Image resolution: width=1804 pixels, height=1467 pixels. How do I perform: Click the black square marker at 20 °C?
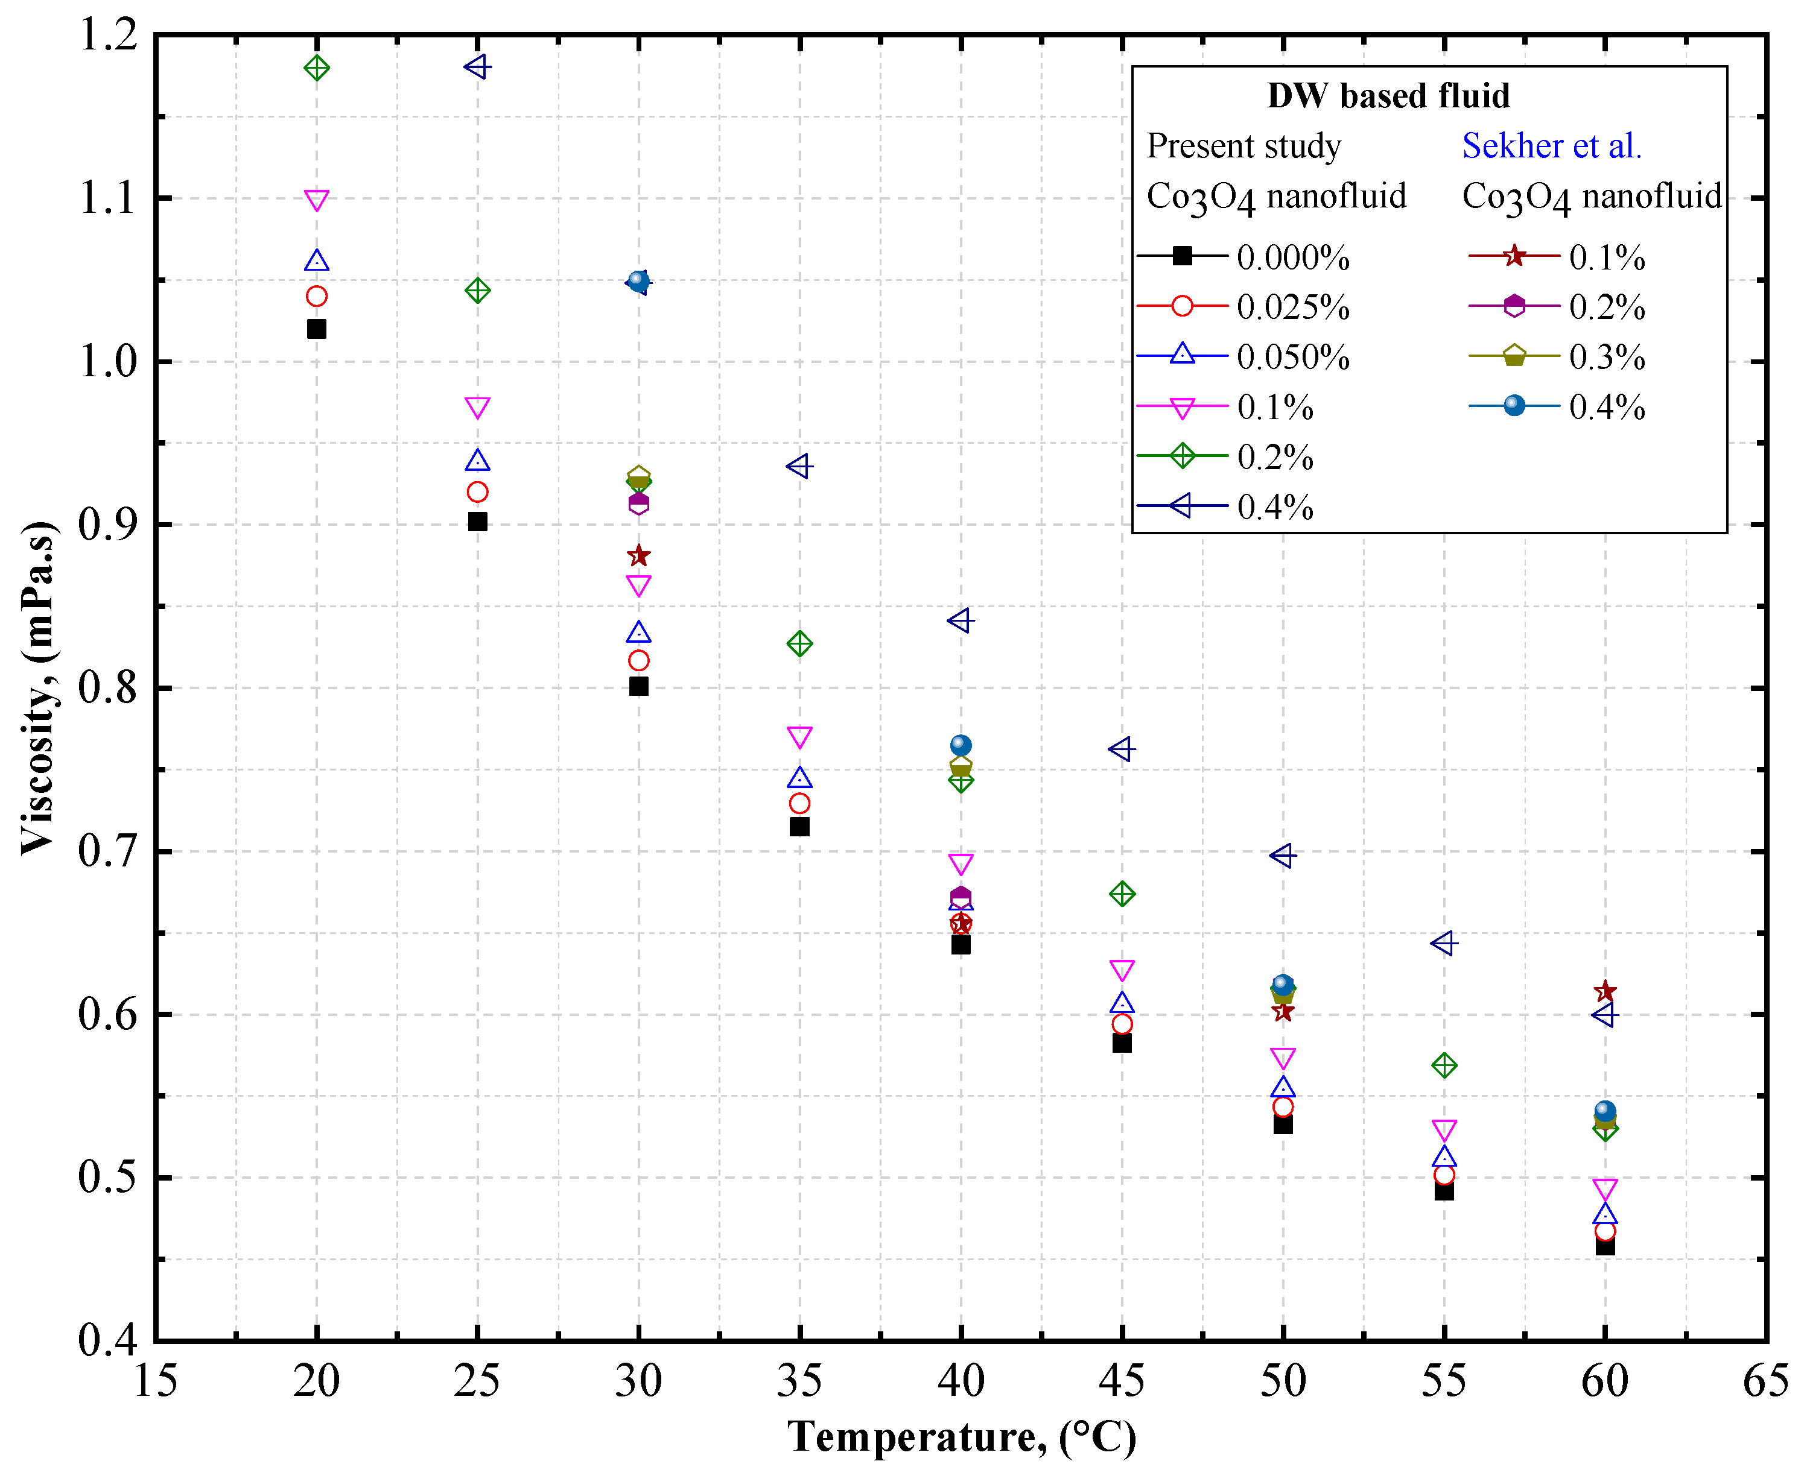316,329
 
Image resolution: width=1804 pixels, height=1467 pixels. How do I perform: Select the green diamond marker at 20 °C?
316,68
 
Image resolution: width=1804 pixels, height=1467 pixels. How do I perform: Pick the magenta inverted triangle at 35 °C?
799,736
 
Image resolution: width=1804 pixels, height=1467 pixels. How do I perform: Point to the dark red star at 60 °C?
1604,991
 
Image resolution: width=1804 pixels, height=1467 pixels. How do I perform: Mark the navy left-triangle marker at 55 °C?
1443,942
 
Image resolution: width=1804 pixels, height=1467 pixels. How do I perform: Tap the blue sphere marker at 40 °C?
961,745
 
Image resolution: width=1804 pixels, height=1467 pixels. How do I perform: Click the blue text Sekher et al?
1551,146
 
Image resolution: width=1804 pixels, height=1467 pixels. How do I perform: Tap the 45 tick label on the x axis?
1121,1381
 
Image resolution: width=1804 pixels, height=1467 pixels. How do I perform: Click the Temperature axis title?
961,1437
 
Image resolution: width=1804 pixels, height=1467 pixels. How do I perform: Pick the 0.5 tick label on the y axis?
107,1177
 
